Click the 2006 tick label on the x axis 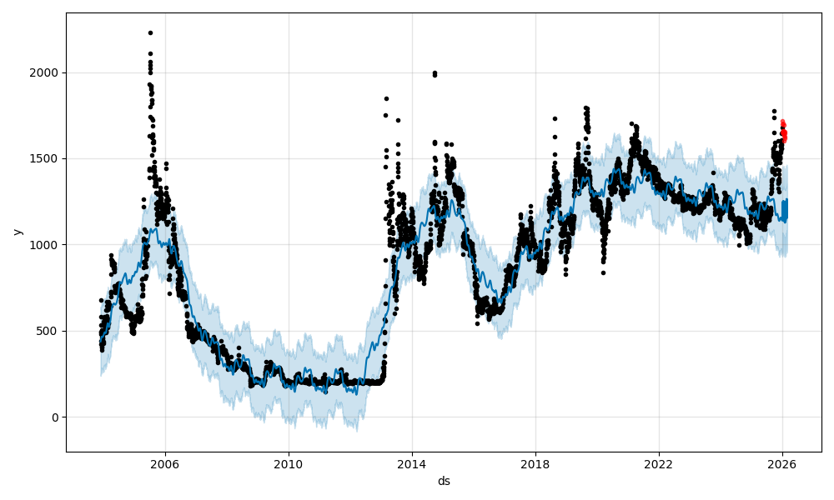[x=164, y=463]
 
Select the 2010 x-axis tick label [x=288, y=463]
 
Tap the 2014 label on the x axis [x=411, y=463]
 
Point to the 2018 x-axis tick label [x=535, y=463]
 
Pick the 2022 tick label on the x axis [x=658, y=463]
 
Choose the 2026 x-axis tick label [x=781, y=463]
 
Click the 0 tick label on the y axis [x=55, y=417]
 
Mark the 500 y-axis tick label [x=49, y=331]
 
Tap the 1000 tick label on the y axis [x=46, y=245]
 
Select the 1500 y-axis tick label [x=46, y=158]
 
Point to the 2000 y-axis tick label [x=46, y=72]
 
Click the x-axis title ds [x=444, y=481]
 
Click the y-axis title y [x=17, y=232]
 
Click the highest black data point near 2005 [x=150, y=32]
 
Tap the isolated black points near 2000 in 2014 [x=435, y=73]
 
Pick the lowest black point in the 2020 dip [x=603, y=272]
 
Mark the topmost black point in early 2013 [x=386, y=98]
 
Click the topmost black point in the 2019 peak [x=586, y=107]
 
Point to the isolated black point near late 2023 [x=713, y=172]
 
